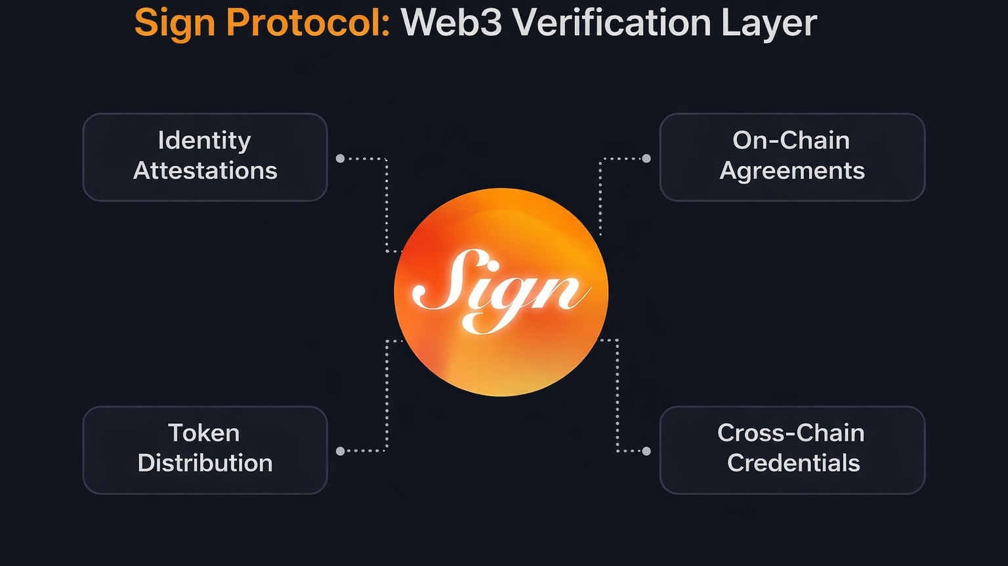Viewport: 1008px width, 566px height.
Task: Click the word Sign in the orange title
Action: click(175, 24)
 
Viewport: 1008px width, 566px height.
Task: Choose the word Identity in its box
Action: click(205, 140)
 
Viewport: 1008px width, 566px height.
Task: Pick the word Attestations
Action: click(205, 171)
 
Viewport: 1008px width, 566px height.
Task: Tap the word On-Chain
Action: click(791, 140)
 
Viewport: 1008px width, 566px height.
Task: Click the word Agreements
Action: click(792, 171)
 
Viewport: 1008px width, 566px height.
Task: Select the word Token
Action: click(204, 433)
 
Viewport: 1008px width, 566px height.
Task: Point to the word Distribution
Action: click(205, 463)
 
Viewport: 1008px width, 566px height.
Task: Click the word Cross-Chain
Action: click(791, 433)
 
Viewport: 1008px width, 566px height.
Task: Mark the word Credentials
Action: click(793, 463)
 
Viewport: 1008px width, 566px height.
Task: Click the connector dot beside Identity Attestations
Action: click(340, 158)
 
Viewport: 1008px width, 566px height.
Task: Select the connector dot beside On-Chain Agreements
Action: click(646, 158)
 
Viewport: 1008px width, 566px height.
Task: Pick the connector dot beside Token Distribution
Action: click(340, 451)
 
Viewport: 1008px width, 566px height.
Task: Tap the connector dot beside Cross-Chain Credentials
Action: click(646, 451)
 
